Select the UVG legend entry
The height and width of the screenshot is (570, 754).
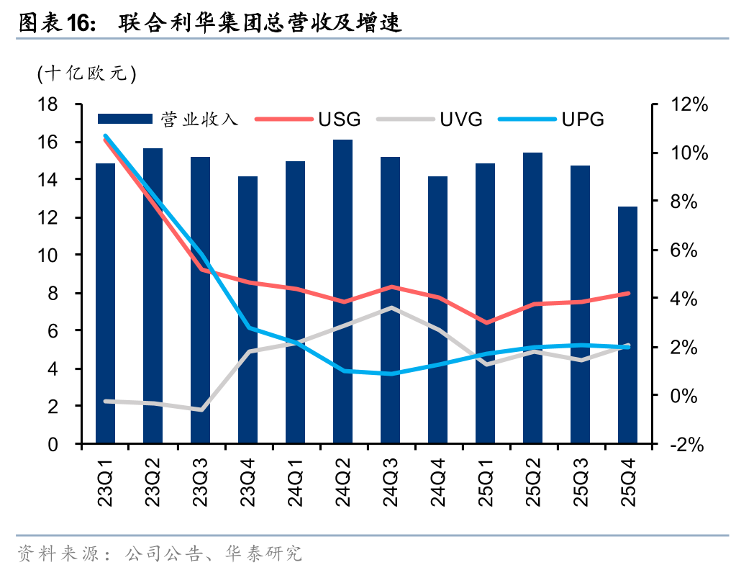click(x=460, y=119)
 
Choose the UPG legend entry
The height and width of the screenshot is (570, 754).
click(x=583, y=119)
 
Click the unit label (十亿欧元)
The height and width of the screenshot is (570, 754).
click(x=86, y=73)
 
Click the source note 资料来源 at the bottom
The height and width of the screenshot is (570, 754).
click(x=158, y=553)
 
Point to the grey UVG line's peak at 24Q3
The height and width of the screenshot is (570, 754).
click(x=391, y=308)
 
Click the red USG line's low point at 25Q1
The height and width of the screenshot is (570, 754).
click(x=486, y=322)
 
